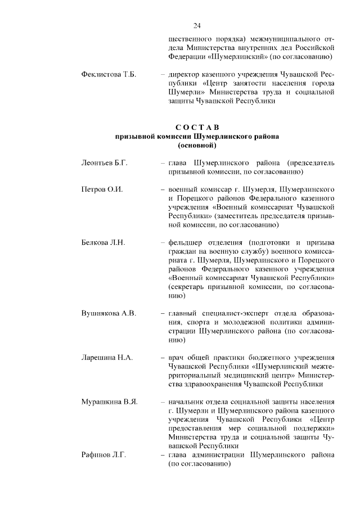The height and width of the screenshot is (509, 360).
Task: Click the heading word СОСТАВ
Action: tap(197, 127)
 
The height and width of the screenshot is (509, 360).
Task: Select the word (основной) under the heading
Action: tap(197, 146)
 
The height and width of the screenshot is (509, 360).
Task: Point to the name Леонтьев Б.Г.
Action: tap(105, 163)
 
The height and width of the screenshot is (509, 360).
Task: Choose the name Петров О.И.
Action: tap(102, 189)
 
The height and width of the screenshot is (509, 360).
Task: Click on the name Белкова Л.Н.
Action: tap(103, 242)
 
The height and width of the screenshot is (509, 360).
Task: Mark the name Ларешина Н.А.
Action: tap(107, 357)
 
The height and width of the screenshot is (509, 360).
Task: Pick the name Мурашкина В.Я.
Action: tap(109, 402)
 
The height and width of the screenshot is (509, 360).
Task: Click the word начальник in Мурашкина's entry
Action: tap(186, 402)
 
